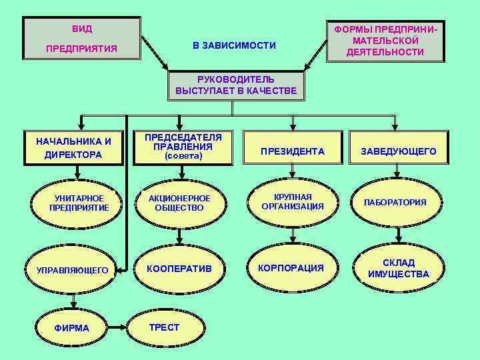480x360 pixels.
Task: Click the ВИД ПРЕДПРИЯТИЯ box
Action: pos(81,39)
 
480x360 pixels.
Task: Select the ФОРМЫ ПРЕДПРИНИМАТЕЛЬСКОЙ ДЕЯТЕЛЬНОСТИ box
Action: pos(385,41)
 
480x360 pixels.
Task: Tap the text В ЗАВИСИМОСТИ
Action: pos(234,45)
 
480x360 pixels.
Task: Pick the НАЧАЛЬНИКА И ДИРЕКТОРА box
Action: pos(73,147)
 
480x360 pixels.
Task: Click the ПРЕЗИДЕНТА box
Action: pos(293,151)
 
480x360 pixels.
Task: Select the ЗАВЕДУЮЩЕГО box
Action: pos(399,151)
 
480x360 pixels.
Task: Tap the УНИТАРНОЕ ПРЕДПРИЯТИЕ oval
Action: pos(79,203)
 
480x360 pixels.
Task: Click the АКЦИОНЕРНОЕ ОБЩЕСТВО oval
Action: pos(179,203)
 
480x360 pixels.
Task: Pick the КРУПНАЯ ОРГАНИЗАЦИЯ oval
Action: pos(293,201)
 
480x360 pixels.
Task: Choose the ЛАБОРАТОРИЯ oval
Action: pos(395,202)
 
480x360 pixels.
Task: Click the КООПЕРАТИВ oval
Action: pos(179,268)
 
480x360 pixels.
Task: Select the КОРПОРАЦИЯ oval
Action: pos(291,268)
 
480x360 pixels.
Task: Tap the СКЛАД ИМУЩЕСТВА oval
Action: pos(399,268)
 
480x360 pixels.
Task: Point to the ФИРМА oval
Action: pos(72,328)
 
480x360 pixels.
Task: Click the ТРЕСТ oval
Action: pos(164,327)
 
